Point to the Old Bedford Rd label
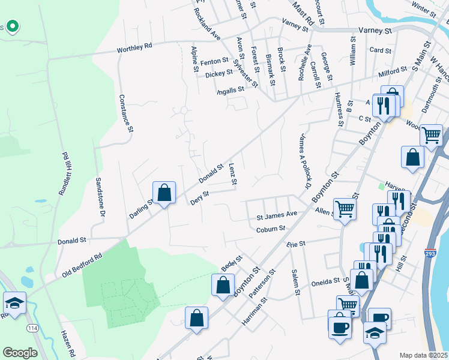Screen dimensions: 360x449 click(82, 266)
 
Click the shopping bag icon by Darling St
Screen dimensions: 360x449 click(164, 193)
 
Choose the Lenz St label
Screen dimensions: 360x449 click(234, 173)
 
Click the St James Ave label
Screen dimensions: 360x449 click(277, 214)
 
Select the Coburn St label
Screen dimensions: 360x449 click(271, 229)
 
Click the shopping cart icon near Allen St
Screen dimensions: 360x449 click(345, 209)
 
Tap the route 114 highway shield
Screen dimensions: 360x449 click(31, 328)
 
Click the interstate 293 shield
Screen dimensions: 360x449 click(430, 255)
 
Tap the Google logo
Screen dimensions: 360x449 click(20, 352)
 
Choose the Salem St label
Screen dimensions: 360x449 click(296, 282)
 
